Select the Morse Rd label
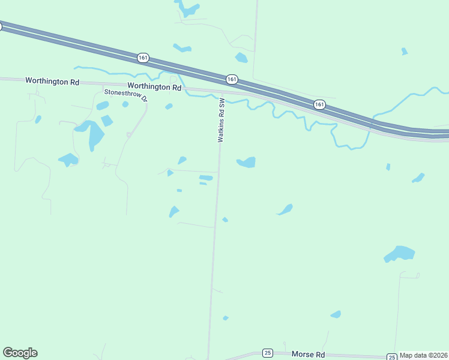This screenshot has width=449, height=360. pos(308,355)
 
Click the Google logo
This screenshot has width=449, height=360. pos(20,353)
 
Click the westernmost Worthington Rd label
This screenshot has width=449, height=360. pos(52,80)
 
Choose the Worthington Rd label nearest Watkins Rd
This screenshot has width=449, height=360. pos(154,87)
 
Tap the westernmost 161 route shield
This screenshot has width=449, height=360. pos(142,58)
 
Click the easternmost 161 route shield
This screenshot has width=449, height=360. pos(319,104)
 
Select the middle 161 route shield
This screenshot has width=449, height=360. pos(232,79)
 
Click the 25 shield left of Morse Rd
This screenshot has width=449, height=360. pos(268,353)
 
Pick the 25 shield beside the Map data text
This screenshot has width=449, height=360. pos(391,356)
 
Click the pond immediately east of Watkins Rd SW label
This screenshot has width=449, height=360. pos(247,162)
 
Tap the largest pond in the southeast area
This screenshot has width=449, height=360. pos(400,253)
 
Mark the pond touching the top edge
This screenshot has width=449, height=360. pos(187,8)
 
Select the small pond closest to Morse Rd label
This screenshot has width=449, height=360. pos(336,314)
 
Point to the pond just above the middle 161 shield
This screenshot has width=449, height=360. pos(241,58)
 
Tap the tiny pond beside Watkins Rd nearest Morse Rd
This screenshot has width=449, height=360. pos(226,317)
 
